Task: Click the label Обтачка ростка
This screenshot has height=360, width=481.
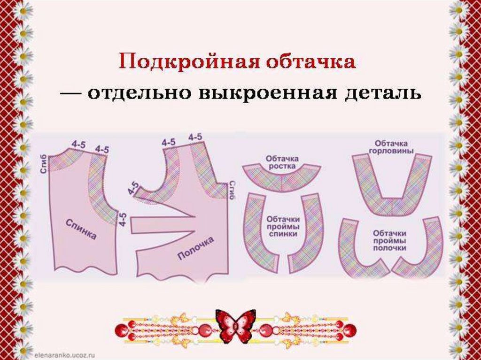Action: point(282,162)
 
